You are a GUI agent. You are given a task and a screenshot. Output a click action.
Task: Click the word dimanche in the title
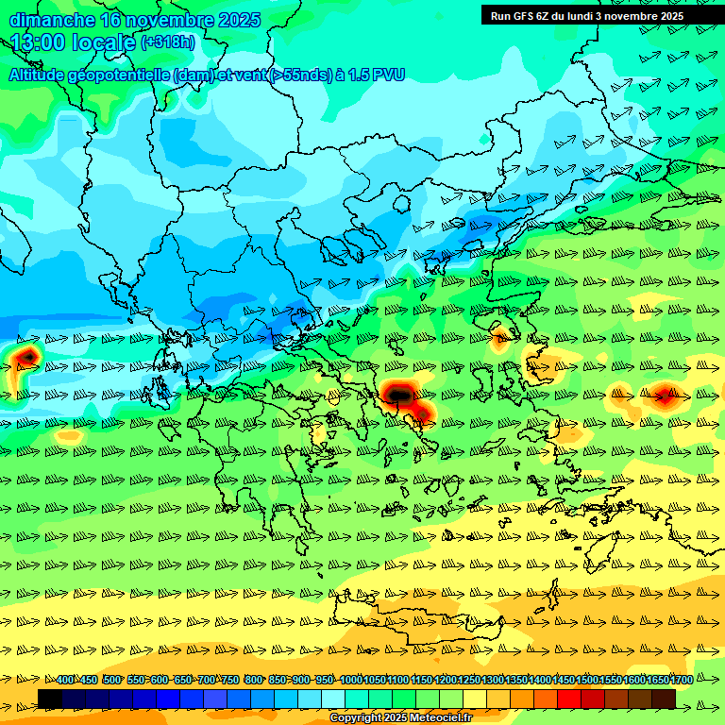pos(51,20)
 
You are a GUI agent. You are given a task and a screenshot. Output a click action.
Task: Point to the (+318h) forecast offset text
pos(168,42)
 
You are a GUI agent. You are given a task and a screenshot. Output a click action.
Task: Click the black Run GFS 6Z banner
pos(588,15)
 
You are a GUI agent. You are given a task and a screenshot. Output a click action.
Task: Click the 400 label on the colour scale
pos(65,680)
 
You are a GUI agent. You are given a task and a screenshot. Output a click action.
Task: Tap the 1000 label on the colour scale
pos(350,680)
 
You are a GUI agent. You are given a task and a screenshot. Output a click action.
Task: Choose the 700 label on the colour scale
pos(206,680)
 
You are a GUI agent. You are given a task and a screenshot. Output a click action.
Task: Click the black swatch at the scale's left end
pos(50,699)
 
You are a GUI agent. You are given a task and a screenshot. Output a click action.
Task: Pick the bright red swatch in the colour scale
pos(569,699)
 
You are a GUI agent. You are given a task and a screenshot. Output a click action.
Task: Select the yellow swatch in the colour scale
pos(475,699)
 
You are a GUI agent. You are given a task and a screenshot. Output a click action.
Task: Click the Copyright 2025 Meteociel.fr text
pos(400,718)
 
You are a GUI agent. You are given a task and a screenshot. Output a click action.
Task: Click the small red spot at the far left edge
pos(27,356)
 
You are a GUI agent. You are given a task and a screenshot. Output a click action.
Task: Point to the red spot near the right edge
pos(664,396)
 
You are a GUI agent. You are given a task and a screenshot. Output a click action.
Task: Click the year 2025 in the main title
pos(239,20)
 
